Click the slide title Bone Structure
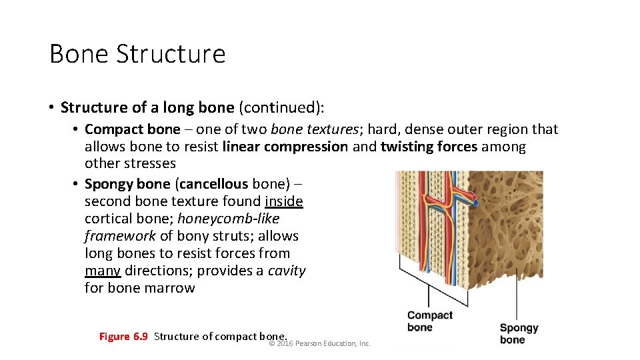[137, 54]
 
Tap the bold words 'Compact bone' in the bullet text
[133, 129]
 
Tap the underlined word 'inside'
[284, 201]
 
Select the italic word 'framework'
[120, 236]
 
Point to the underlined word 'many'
[103, 271]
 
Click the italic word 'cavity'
[287, 271]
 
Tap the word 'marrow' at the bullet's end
[173, 288]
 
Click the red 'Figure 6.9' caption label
[123, 336]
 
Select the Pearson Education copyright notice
[319, 343]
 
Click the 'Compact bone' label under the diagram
[429, 321]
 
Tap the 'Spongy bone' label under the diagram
[519, 333]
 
